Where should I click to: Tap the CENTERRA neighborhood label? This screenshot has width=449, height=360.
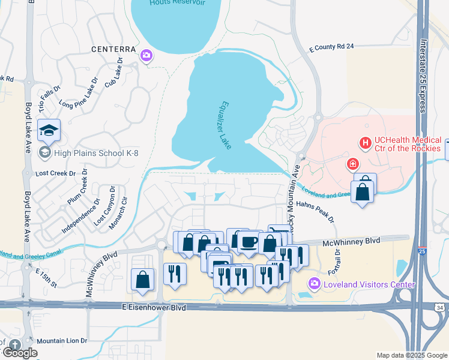112,49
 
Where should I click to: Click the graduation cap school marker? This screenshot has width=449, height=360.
49,130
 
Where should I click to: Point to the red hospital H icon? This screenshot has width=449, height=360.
364,143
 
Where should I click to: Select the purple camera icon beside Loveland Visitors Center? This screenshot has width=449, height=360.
313,283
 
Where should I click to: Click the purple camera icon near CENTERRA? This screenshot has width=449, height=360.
146,56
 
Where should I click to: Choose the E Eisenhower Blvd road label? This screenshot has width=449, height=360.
153,307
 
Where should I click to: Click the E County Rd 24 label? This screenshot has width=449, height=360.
331,46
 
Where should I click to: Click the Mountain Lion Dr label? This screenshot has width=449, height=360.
62,341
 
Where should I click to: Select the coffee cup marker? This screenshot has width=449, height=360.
248,242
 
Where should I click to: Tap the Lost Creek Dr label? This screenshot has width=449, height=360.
56,173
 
